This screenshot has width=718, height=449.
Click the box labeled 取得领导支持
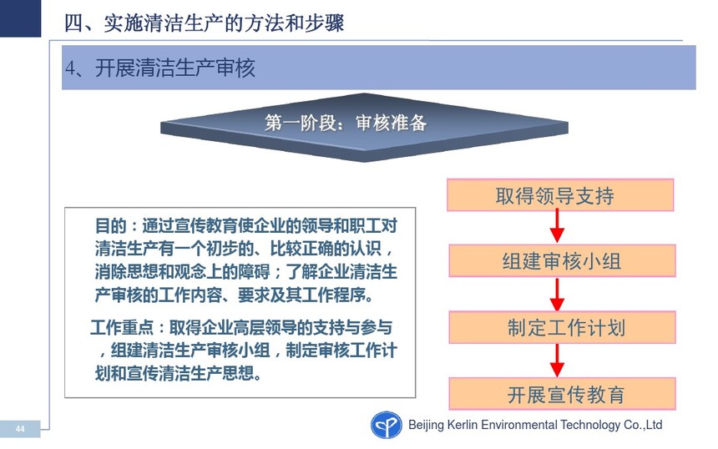(560, 195)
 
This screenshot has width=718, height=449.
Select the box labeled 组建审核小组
(562, 261)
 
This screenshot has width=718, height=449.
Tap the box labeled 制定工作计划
(562, 327)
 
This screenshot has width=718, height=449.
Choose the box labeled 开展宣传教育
(562, 394)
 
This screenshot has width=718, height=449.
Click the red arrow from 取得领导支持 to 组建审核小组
(557, 225)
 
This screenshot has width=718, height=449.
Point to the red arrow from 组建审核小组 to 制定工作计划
(557, 294)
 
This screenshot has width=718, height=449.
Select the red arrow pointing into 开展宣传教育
(557, 361)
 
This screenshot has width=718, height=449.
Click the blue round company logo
(386, 425)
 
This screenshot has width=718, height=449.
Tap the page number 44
(20, 429)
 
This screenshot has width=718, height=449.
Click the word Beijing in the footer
(426, 425)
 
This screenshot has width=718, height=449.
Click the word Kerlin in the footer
(463, 425)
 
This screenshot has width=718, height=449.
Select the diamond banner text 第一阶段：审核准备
(346, 123)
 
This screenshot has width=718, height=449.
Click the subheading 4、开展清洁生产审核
(160, 68)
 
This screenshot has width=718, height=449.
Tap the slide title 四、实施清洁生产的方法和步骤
(205, 23)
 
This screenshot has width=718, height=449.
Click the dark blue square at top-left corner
(20, 18)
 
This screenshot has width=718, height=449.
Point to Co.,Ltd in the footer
(643, 425)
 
